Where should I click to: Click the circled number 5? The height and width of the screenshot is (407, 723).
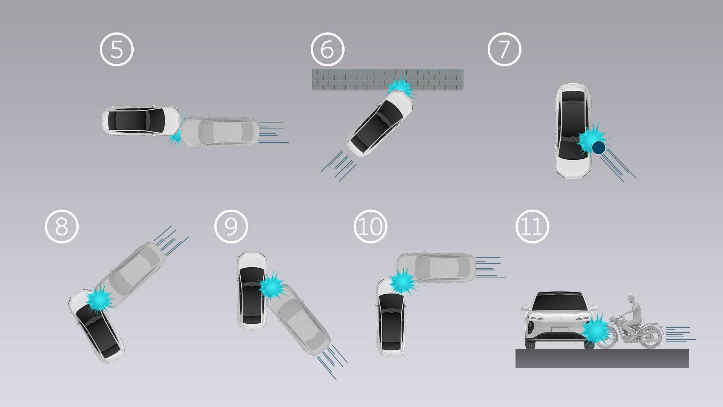pyautogui.click(x=117, y=49)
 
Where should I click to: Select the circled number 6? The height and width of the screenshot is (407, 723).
pyautogui.click(x=328, y=49)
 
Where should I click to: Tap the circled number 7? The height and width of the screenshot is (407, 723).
pyautogui.click(x=505, y=49)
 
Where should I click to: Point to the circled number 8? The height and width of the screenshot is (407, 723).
pyautogui.click(x=62, y=226)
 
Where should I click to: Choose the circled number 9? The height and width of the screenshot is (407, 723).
pyautogui.click(x=231, y=226)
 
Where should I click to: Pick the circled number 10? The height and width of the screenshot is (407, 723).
pyautogui.click(x=371, y=226)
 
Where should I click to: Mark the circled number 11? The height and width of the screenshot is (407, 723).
pyautogui.click(x=532, y=226)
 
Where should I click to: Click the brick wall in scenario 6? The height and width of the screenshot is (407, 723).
pyautogui.click(x=387, y=80)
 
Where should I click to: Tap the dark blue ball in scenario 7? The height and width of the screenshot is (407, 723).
pyautogui.click(x=598, y=147)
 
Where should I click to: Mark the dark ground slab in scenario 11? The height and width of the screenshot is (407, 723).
pyautogui.click(x=602, y=358)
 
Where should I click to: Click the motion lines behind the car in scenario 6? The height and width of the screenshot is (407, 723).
pyautogui.click(x=338, y=166)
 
